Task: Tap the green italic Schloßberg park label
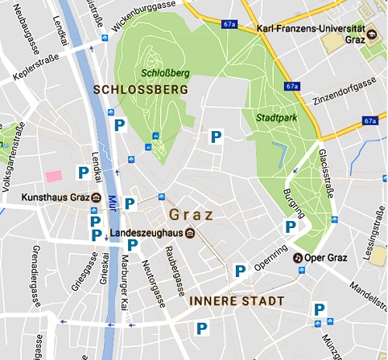(161, 74)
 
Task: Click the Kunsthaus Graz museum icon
(95, 197)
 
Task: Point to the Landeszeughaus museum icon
(189, 233)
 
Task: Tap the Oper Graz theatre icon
(298, 258)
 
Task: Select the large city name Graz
(190, 213)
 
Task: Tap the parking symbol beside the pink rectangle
(81, 172)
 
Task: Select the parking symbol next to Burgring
(289, 227)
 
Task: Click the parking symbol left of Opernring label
(240, 271)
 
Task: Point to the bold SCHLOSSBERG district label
(140, 91)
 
